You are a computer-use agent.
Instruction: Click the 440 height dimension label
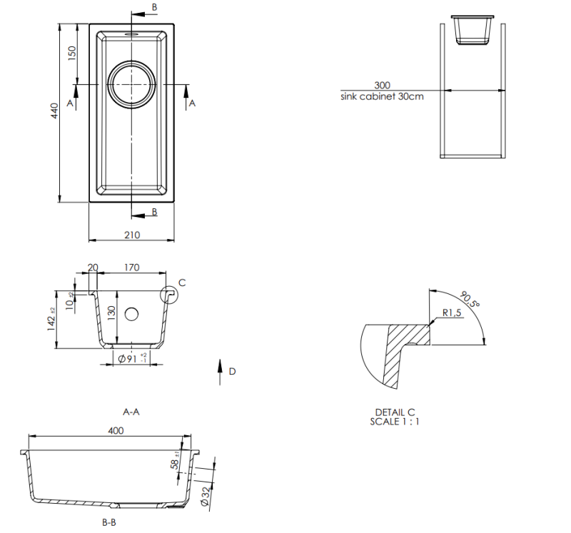tap(54, 111)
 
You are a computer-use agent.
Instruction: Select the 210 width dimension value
tap(132, 235)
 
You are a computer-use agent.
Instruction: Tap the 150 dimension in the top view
tap(72, 54)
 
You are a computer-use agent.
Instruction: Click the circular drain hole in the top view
tap(132, 84)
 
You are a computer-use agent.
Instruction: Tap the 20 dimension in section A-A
tap(92, 268)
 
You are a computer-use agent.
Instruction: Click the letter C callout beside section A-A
tap(181, 283)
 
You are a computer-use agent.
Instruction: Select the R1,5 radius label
tap(453, 313)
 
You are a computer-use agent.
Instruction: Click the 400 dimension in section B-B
tap(116, 430)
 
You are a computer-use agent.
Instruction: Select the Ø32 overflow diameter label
tap(206, 494)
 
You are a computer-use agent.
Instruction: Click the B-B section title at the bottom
tap(109, 523)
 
